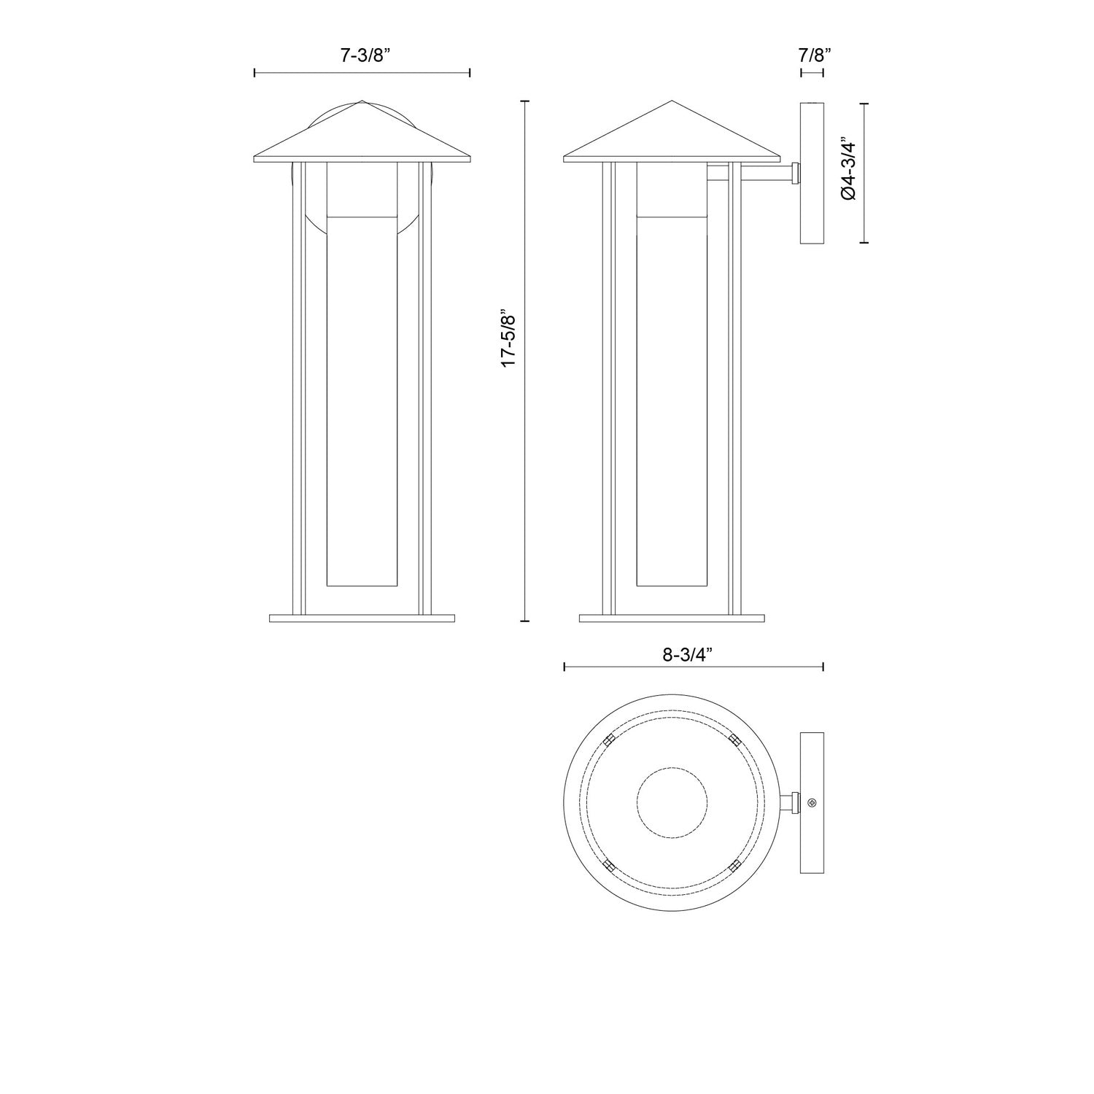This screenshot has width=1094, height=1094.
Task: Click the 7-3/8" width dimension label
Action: click(x=362, y=56)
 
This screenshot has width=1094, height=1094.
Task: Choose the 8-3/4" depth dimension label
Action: click(x=687, y=654)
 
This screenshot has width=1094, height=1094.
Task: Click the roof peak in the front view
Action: click(x=362, y=102)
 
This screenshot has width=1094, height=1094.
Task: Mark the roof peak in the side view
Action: click(x=672, y=102)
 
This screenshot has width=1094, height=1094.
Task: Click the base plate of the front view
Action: click(x=362, y=618)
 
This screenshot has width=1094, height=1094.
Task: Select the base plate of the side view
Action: click(x=672, y=618)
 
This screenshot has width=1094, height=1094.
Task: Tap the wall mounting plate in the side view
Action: click(x=812, y=174)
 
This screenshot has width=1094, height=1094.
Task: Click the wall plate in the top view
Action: click(x=812, y=802)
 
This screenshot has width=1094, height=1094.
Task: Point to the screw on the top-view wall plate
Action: click(x=812, y=802)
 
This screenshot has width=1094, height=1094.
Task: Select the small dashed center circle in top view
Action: click(x=672, y=802)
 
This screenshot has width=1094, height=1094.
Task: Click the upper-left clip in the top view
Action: click(x=610, y=740)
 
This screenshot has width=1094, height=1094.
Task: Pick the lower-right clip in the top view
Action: click(x=734, y=866)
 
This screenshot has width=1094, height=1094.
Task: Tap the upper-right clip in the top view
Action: click(x=734, y=740)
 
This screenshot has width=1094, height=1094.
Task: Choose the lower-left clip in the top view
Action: click(x=610, y=866)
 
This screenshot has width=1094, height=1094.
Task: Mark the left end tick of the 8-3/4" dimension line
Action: click(x=565, y=667)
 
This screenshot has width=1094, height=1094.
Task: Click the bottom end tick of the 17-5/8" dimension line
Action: click(x=524, y=621)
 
